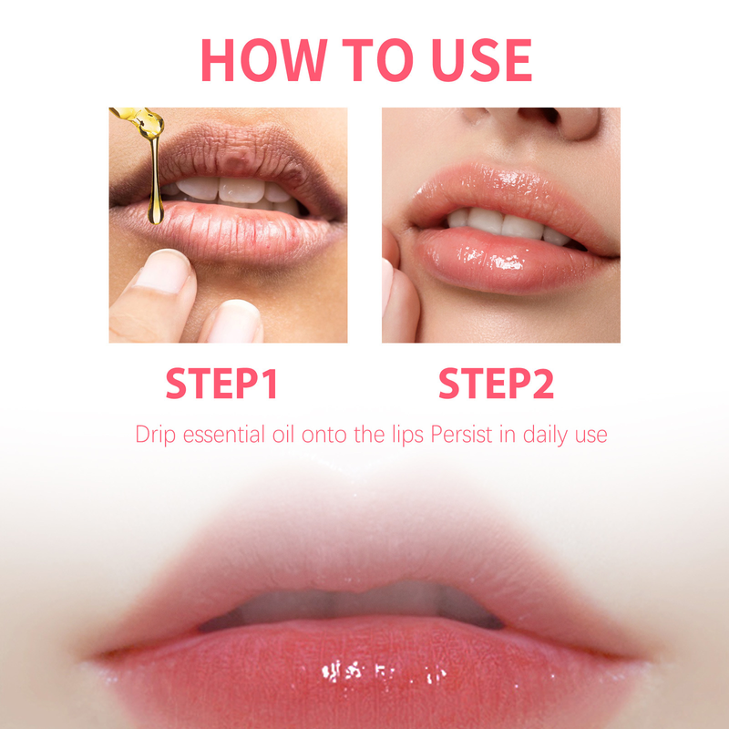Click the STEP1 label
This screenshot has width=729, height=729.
coord(221,384)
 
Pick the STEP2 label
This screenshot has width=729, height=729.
coord(496,384)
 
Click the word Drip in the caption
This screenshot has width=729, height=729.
coord(154,435)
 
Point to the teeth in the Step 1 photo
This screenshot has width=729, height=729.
coord(228,190)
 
